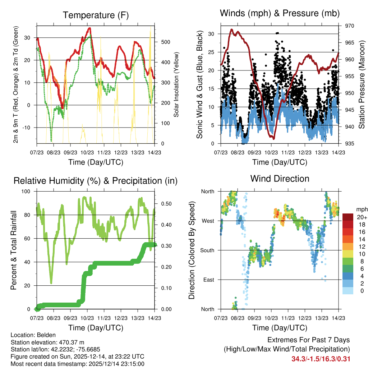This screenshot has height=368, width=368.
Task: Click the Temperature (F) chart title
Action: point(95,15)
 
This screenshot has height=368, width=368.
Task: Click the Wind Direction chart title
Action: point(280,178)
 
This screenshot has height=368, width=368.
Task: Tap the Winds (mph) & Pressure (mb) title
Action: point(280,13)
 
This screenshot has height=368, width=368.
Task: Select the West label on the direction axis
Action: point(207,221)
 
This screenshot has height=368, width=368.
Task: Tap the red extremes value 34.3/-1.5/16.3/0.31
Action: point(321,359)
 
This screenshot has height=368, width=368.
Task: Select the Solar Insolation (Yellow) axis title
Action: point(176,85)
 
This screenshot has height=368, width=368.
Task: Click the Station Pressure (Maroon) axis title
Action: point(362,85)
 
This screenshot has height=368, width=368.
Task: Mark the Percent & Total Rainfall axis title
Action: point(14,250)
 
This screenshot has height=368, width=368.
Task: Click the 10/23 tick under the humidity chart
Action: point(87,318)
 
